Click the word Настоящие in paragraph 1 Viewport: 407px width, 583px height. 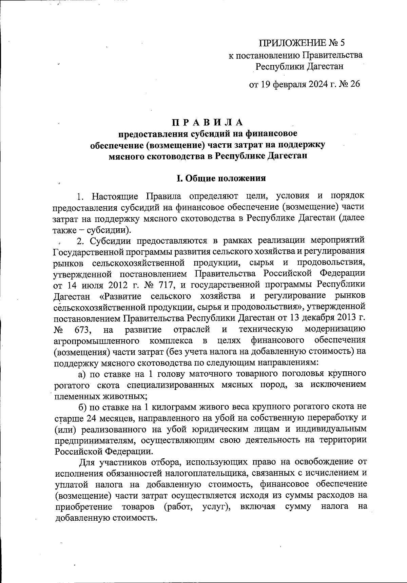coord(115,196)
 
